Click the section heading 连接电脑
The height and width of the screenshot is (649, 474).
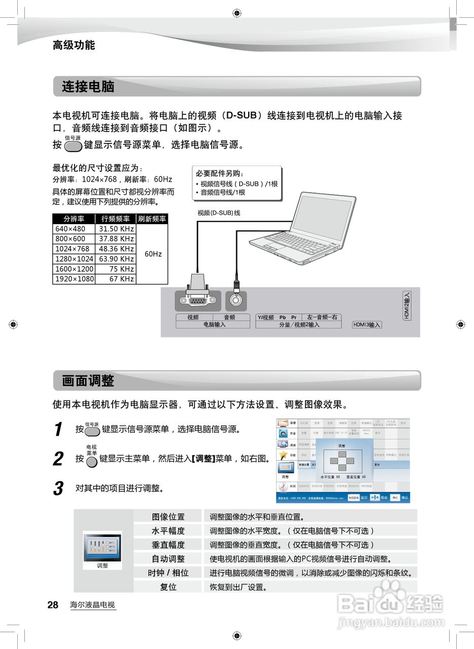click(88, 87)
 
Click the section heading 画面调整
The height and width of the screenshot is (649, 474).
click(88, 381)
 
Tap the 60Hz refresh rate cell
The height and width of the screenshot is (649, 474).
click(152, 254)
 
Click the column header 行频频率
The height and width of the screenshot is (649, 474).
click(115, 219)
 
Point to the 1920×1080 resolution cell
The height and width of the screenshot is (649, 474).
click(74, 279)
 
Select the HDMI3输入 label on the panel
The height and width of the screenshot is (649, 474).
click(366, 325)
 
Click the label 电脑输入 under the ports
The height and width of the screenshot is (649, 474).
click(214, 324)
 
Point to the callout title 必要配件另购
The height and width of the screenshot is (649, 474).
click(220, 173)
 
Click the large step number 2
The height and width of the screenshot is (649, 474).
click(58, 459)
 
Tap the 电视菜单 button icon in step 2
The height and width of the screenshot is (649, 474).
click(91, 462)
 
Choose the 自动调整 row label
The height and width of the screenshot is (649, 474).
click(168, 559)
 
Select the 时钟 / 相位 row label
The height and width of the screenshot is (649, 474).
click(168, 572)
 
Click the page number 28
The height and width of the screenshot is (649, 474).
click(53, 605)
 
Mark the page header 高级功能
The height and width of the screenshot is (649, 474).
click(74, 45)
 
